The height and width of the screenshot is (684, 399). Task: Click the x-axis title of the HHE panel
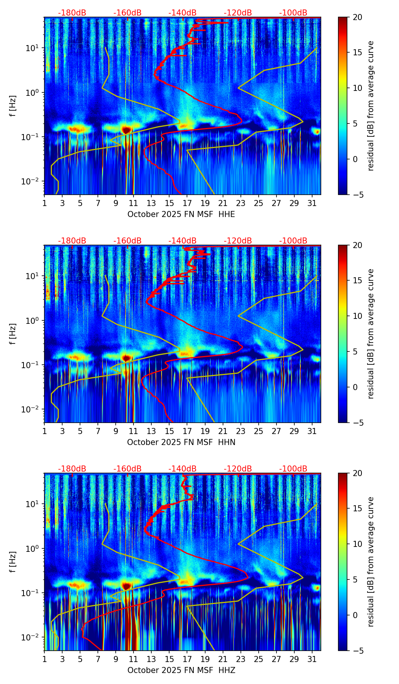tap(181, 214)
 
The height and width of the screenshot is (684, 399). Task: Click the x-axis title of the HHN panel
tap(181, 442)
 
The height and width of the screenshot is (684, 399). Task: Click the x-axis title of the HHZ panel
tap(181, 670)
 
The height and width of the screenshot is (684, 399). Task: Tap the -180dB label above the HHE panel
tap(72, 13)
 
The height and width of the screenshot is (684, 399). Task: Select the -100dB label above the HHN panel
tap(293, 241)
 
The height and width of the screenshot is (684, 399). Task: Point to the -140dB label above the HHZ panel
tap(182, 469)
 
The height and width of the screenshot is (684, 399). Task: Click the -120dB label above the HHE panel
tap(238, 13)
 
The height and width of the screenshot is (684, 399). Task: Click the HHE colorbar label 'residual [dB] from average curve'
tap(371, 106)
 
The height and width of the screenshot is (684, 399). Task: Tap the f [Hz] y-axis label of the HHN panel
tap(13, 334)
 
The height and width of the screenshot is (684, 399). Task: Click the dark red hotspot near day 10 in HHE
tap(126, 130)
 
